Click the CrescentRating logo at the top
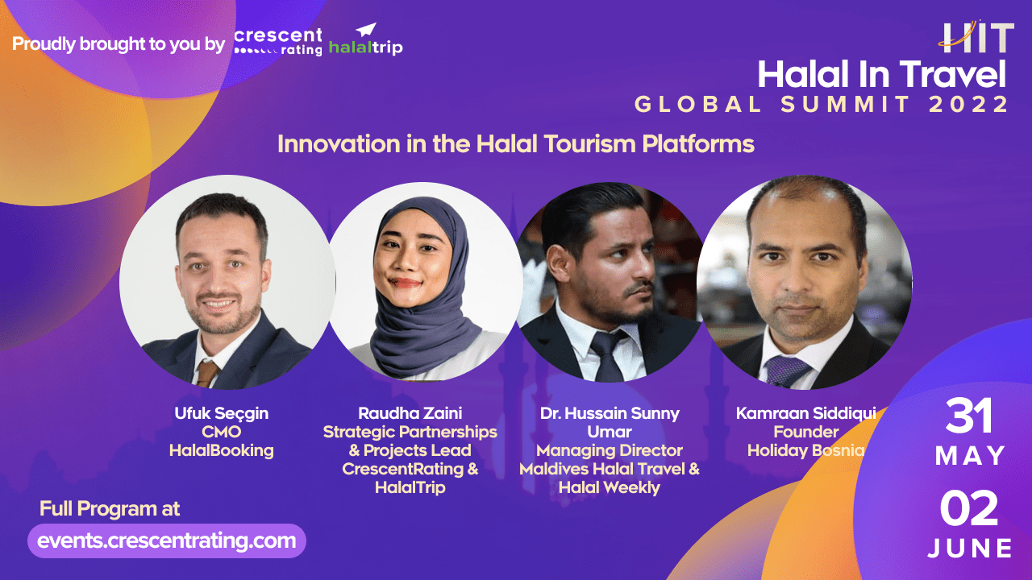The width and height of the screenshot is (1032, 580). [278, 42]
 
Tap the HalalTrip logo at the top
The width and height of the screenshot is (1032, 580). [365, 41]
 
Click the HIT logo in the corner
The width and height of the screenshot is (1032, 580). [976, 36]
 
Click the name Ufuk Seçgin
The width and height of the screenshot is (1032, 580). [222, 413]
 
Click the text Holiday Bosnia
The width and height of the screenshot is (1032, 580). [805, 450]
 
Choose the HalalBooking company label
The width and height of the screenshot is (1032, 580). [222, 450]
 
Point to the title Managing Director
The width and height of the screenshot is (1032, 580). [610, 450]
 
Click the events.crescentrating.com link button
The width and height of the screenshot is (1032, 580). [167, 541]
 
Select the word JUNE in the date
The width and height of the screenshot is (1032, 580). [970, 549]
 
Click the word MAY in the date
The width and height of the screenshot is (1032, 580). [970, 456]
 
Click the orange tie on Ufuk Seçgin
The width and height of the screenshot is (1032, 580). [207, 373]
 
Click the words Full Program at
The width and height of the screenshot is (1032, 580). [110, 509]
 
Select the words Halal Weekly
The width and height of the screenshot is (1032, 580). [610, 487]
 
